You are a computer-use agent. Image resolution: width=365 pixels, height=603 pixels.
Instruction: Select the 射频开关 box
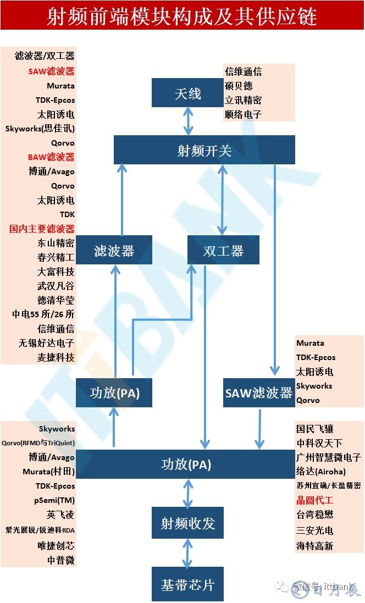pos(204,150)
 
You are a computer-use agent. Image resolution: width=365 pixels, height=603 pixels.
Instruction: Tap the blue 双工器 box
pos(223,251)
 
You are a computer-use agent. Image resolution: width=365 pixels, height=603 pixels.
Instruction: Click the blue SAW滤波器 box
pos(258,392)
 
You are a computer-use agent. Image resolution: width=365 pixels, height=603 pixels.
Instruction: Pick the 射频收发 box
pos(187,523)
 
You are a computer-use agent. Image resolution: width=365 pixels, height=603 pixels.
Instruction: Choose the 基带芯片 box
pos(187,584)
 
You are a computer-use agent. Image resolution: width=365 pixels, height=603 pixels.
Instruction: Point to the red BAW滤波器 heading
pos(51,157)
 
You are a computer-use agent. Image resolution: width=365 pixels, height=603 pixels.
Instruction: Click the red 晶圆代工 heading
pos(314,500)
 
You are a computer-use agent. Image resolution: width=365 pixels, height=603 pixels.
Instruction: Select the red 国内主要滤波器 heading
pos(42,229)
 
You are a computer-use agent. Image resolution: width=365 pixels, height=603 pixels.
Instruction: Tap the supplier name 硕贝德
pos(239,86)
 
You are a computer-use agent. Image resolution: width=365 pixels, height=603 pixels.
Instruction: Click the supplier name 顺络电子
pos(243,114)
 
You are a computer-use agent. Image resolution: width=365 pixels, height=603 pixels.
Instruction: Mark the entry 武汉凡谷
pos(56,286)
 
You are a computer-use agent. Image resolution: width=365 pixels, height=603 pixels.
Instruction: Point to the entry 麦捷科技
pos(56,357)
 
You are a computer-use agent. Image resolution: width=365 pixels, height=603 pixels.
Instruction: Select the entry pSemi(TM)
pos(54,500)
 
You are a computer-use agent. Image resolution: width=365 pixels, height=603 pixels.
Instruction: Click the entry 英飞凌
pos(60,515)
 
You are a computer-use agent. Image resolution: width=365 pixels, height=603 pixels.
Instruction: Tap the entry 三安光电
pos(314,530)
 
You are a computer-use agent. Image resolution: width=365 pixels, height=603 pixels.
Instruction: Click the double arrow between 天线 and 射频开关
pos(188,121)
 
